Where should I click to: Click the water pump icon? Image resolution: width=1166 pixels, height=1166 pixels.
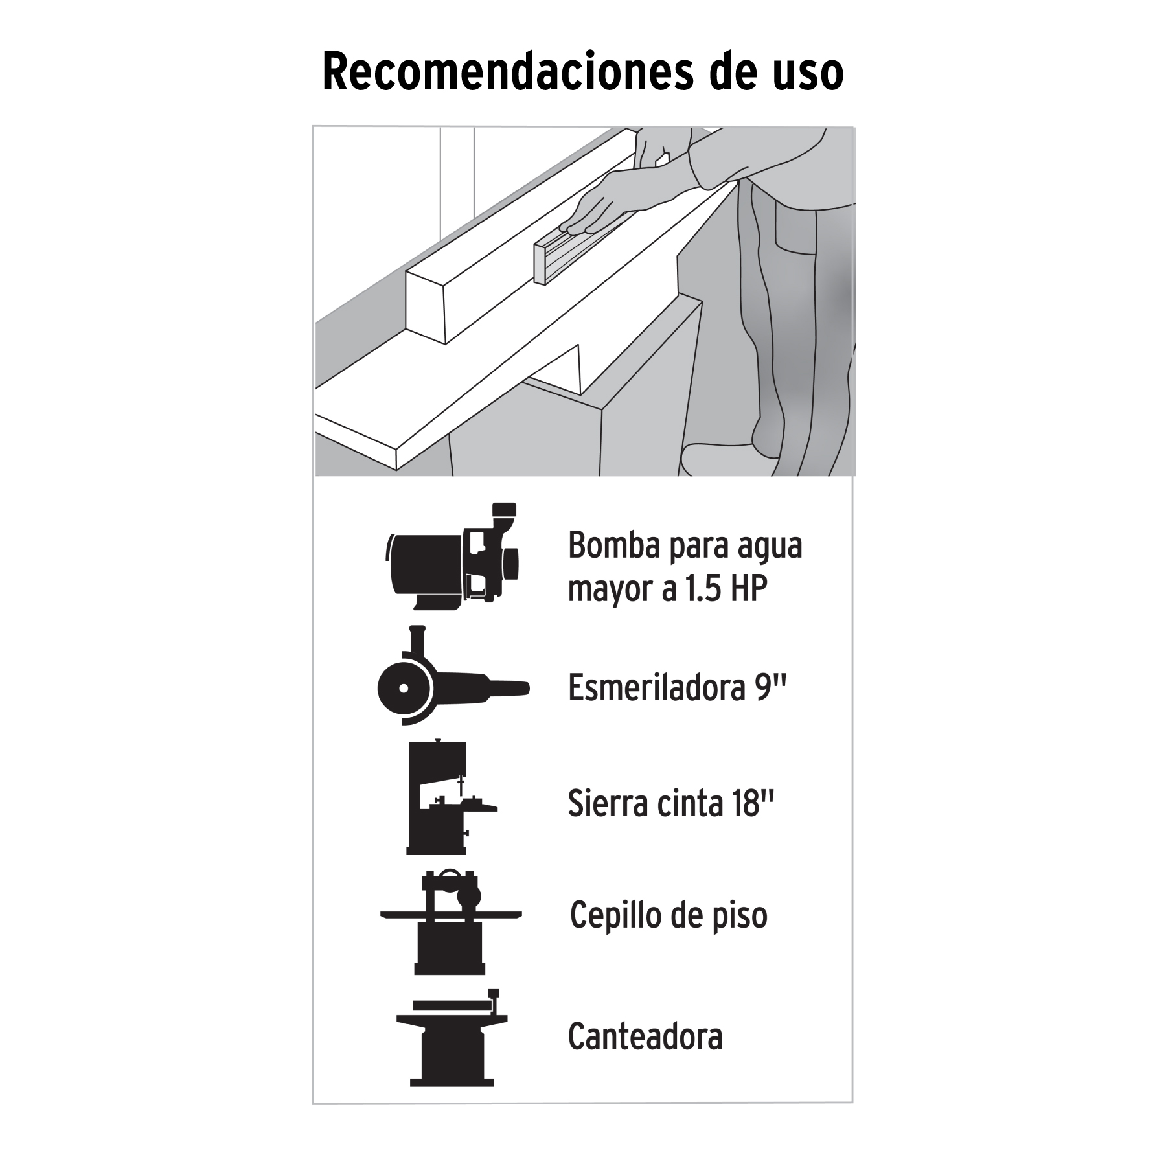(451, 556)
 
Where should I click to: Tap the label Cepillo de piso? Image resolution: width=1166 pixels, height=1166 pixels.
(669, 915)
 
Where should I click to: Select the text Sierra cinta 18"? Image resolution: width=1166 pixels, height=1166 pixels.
(671, 803)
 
